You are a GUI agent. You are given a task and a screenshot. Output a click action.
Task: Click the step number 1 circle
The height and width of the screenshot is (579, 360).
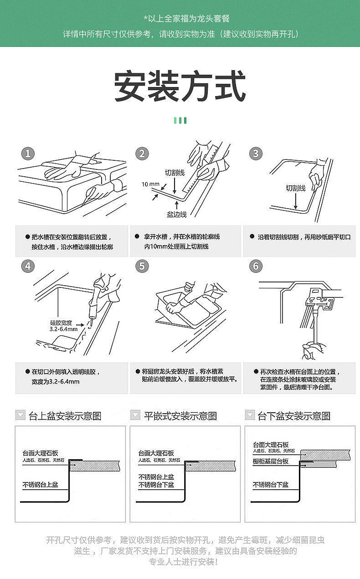(x=28, y=154)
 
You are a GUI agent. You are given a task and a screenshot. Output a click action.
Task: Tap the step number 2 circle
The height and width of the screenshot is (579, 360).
(x=142, y=154)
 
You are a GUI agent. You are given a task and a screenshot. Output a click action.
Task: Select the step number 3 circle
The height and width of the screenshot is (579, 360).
(x=256, y=154)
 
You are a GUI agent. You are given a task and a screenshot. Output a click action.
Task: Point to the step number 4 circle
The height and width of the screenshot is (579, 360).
(x=28, y=266)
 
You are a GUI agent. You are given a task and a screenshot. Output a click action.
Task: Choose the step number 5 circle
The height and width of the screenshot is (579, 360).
(x=142, y=266)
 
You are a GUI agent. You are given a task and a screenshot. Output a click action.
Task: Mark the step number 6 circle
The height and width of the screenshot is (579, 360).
(x=256, y=266)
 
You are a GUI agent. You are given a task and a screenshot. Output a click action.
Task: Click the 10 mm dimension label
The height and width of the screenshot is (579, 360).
(x=150, y=184)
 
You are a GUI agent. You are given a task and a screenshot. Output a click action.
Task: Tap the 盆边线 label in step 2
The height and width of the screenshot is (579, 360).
(x=176, y=214)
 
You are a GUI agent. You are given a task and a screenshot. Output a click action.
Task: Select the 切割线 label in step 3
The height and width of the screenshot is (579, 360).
(x=295, y=188)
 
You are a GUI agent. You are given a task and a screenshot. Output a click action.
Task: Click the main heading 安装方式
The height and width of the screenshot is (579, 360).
(x=180, y=87)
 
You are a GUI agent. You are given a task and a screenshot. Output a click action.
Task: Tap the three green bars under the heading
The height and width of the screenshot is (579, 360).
(x=180, y=120)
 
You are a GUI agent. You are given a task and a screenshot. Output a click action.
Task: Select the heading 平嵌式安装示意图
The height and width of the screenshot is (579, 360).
(x=180, y=416)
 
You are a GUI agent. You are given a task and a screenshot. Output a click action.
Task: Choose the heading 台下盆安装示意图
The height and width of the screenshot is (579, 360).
(x=294, y=416)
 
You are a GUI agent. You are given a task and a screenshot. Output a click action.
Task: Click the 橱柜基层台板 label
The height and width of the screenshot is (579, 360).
(x=271, y=461)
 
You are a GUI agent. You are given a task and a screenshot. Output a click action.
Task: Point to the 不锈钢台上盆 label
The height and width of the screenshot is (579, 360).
(x=41, y=485)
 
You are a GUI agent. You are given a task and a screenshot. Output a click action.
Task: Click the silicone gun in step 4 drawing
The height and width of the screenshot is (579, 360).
(x=97, y=298)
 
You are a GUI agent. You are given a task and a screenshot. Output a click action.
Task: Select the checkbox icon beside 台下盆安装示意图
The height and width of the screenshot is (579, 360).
(x=250, y=415)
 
